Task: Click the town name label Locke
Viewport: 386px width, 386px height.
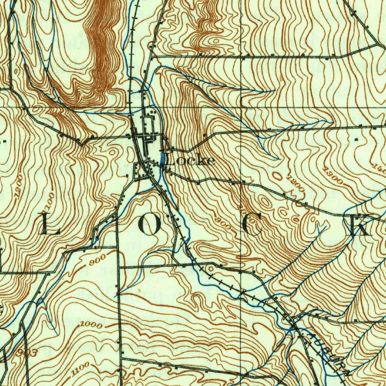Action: pos(191,161)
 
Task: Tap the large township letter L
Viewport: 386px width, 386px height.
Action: pos(50,224)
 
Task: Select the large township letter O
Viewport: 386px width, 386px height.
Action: pos(150,225)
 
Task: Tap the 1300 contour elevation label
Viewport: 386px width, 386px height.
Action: pos(333,176)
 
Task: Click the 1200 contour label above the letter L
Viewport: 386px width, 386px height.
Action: pos(17,185)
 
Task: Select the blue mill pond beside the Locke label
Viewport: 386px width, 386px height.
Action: pos(162,158)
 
